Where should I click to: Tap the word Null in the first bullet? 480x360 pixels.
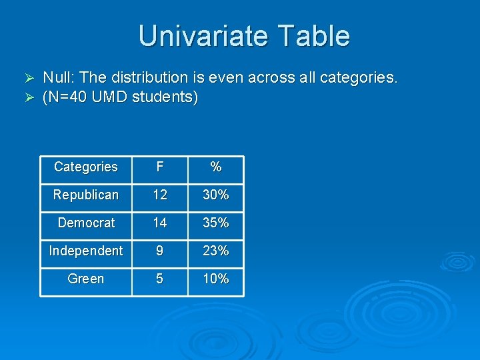pyautogui.click(x=57, y=78)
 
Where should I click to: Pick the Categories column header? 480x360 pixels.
pyautogui.click(x=85, y=167)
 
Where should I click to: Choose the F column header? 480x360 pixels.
pyautogui.click(x=159, y=167)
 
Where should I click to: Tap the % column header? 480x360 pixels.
pyautogui.click(x=215, y=167)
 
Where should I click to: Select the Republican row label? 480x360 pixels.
pyautogui.click(x=85, y=195)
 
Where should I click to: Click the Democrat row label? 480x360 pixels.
pyautogui.click(x=86, y=223)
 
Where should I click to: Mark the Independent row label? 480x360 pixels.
pyautogui.click(x=85, y=251)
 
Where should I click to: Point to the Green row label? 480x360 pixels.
pyautogui.click(x=86, y=279)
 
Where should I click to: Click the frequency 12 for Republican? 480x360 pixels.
pyautogui.click(x=159, y=195)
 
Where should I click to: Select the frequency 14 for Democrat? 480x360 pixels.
pyautogui.click(x=159, y=223)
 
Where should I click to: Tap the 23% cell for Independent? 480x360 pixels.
pyautogui.click(x=215, y=251)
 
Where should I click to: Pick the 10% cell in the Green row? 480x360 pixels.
pyautogui.click(x=215, y=279)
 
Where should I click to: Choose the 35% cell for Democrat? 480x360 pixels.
pyautogui.click(x=215, y=223)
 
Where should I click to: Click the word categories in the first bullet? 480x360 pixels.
pyautogui.click(x=359, y=78)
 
